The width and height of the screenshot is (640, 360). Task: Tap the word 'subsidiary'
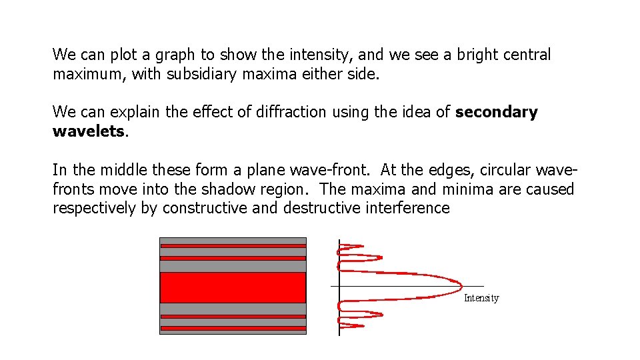(x=199, y=74)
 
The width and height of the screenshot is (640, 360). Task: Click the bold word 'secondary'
(x=497, y=112)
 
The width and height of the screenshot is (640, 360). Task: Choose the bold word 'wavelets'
(x=88, y=131)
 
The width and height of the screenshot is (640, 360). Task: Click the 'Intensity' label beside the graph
(x=481, y=298)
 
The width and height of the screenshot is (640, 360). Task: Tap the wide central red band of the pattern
(x=233, y=287)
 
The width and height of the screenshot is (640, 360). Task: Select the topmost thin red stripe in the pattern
(x=233, y=246)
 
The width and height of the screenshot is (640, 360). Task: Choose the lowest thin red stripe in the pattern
(x=233, y=328)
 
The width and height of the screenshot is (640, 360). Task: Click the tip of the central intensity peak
(x=461, y=286)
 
